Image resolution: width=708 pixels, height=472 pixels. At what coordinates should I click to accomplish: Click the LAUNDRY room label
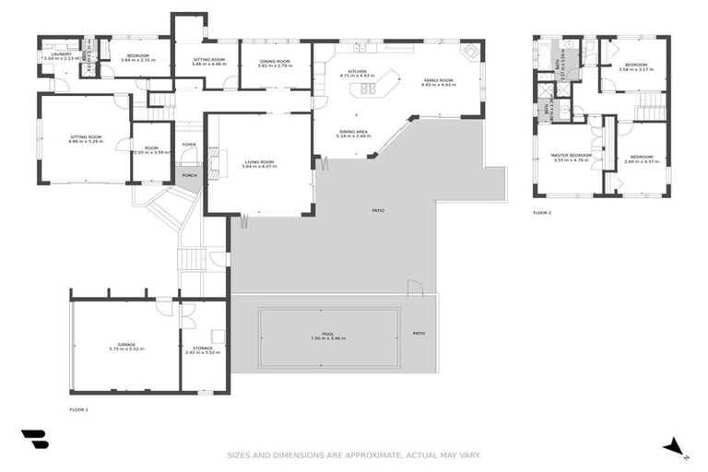[62, 55]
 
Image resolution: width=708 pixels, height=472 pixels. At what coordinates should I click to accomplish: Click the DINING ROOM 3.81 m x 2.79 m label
[275, 64]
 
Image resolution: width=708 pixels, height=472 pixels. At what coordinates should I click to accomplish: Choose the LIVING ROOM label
[259, 164]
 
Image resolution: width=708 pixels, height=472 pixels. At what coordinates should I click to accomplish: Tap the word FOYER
[189, 145]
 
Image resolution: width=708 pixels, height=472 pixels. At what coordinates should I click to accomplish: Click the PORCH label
[189, 175]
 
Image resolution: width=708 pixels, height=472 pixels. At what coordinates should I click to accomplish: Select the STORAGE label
[203, 349]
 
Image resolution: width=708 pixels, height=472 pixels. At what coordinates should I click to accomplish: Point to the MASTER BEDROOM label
[572, 157]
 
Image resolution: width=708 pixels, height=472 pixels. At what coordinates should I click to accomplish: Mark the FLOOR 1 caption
[79, 408]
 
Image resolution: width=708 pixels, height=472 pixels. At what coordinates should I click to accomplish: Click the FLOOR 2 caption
[542, 212]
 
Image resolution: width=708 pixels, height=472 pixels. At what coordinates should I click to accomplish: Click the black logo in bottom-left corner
[34, 440]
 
